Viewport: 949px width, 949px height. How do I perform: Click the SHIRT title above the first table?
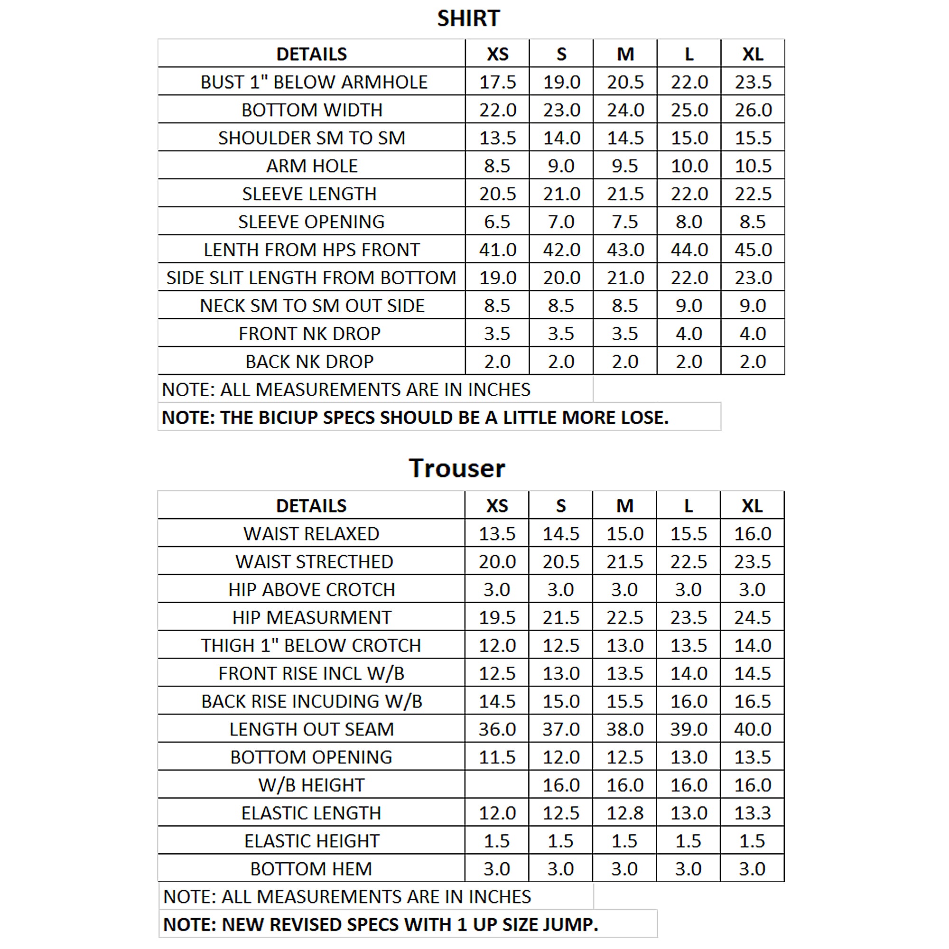click(x=468, y=19)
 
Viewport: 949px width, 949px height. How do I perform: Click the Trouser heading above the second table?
click(x=456, y=468)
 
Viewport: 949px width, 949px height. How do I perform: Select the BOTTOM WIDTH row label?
click(x=311, y=110)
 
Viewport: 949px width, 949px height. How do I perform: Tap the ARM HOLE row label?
click(x=311, y=166)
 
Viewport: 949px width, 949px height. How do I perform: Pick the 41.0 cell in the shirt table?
click(x=497, y=250)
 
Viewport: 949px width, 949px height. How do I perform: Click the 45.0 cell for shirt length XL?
click(x=753, y=250)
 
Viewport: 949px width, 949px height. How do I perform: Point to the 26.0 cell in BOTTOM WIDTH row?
click(x=753, y=110)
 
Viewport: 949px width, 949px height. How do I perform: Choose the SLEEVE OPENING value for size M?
click(x=625, y=222)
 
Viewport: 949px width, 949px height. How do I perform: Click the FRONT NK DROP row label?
click(x=309, y=334)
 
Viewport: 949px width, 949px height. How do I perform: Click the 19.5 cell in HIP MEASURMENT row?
click(x=497, y=618)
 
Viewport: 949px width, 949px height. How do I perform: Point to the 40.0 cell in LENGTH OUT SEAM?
click(x=752, y=729)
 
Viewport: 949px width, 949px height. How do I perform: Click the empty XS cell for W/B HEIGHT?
click(x=497, y=785)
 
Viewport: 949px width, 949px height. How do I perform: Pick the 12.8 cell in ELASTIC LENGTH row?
click(x=624, y=813)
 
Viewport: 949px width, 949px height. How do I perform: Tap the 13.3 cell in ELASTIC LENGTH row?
click(x=752, y=813)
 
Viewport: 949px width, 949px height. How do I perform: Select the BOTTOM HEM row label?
click(x=311, y=869)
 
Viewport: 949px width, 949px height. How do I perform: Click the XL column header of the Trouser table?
click(x=752, y=506)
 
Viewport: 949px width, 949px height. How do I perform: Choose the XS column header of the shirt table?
click(x=497, y=54)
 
